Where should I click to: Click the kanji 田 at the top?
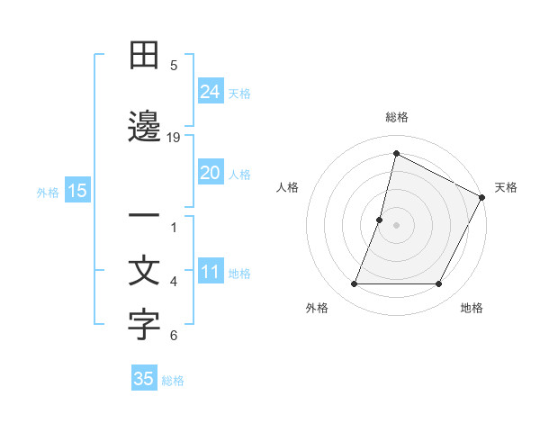[x=144, y=56]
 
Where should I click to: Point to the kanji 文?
[x=144, y=272]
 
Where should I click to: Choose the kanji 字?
[x=144, y=326]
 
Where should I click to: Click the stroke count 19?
[x=174, y=138]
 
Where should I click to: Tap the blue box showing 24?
[x=211, y=91]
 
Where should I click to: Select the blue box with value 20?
[x=211, y=173]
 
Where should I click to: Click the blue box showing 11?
[x=211, y=273]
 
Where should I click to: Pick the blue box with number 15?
[x=76, y=191]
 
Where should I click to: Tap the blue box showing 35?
[x=144, y=379]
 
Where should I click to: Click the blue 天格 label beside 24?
[x=239, y=93]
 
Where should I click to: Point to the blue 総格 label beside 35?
[x=173, y=381]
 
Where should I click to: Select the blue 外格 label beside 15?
[x=47, y=192]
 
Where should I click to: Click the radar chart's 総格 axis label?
[x=396, y=117]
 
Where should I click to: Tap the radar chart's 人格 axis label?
[x=287, y=187]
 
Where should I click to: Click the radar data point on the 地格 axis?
[x=439, y=284]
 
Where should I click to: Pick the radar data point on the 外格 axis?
[x=354, y=284]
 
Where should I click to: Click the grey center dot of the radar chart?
[x=396, y=225]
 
